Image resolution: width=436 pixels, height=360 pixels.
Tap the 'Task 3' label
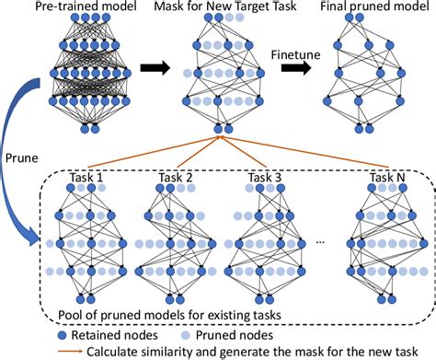(264, 177)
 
